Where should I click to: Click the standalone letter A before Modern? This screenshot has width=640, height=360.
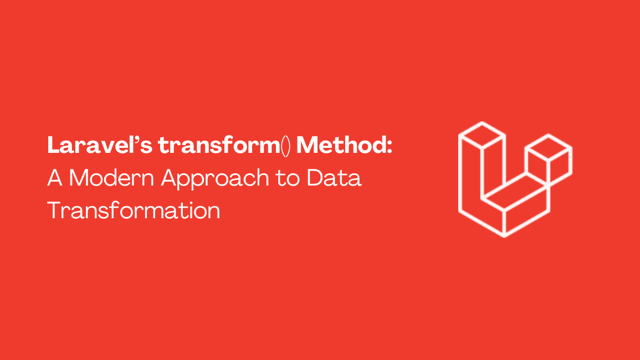(x=54, y=178)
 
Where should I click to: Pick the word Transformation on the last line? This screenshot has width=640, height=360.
(x=134, y=210)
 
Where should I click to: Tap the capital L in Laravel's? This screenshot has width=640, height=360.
(x=54, y=146)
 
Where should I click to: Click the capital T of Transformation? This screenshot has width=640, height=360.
(x=54, y=210)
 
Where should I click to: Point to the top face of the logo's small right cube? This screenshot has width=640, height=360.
(x=549, y=148)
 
